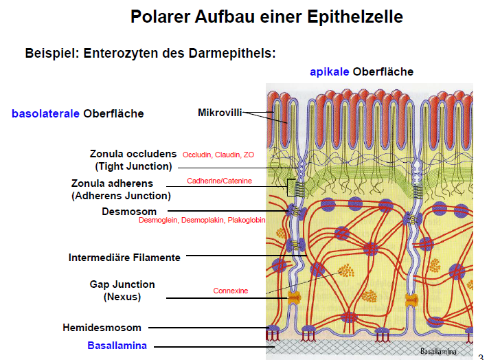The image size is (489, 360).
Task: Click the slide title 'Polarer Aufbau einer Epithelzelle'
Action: (266, 16)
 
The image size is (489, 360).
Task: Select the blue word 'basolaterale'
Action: (45, 113)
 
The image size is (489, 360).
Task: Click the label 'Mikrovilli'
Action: (220, 112)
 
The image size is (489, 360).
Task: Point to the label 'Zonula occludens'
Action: (133, 154)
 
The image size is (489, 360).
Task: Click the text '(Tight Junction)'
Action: (133, 166)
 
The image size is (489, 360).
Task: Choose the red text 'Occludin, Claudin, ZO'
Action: (218, 155)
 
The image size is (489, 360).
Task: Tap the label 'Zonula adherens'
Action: (112, 183)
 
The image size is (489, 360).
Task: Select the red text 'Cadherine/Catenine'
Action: (219, 181)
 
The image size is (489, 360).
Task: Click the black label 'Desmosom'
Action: (129, 211)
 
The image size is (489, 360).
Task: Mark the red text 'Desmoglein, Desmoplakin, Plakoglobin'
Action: (202, 221)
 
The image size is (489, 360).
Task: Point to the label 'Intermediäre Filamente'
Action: (124, 258)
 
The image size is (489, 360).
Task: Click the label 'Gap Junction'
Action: (122, 284)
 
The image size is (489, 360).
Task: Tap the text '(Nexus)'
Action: (122, 297)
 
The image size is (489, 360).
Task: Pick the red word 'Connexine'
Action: (231, 291)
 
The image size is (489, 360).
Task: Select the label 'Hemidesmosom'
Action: (102, 328)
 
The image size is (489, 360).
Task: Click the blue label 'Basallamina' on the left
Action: (117, 346)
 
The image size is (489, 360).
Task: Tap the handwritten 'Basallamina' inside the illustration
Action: (442, 350)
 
